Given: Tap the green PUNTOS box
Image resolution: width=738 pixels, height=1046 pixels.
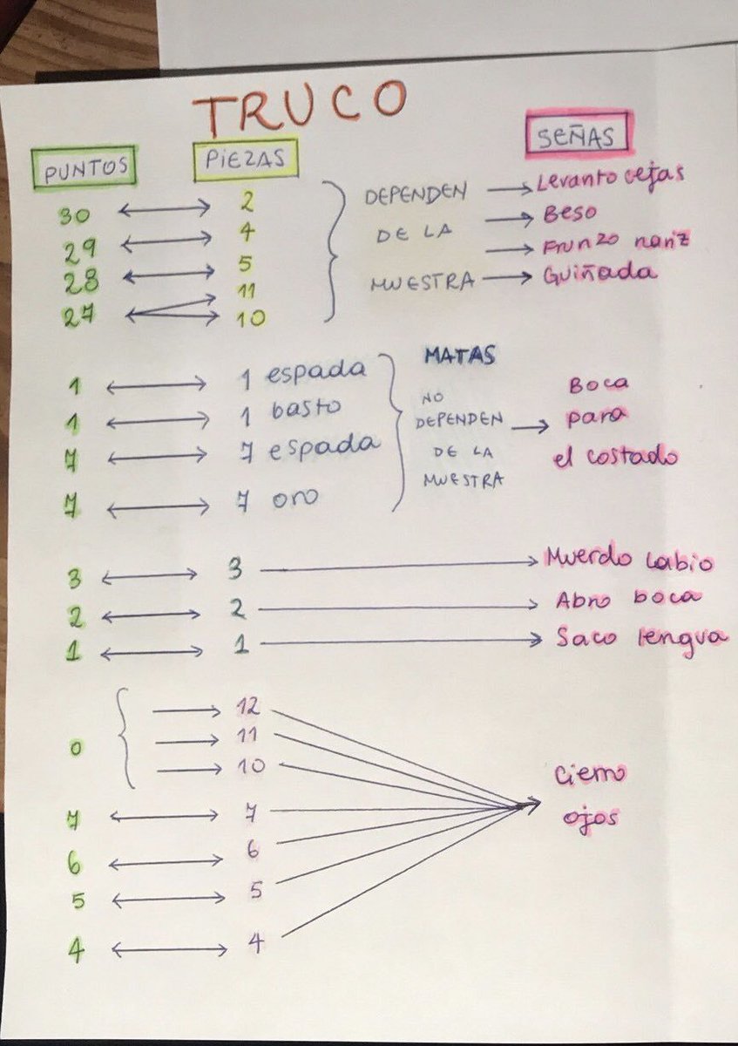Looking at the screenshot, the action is tap(85, 166).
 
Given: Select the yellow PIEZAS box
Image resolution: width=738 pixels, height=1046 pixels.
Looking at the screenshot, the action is tap(246, 158).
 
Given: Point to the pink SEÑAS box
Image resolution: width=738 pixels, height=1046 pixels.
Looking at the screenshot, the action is tap(579, 134).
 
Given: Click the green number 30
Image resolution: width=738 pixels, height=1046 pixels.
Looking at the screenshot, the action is tap(74, 216).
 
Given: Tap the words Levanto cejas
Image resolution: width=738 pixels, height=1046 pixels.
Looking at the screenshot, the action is tap(610, 178).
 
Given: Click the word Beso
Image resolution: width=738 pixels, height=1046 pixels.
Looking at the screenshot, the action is tap(570, 214).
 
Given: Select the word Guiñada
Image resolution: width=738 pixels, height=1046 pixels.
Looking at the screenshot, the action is tap(599, 274).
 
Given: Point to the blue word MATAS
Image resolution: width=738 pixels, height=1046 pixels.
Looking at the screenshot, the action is tap(460, 357).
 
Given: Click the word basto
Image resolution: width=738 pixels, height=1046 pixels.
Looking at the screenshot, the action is tap(306, 409).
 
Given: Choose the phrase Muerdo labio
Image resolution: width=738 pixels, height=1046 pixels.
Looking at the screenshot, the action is tap(630, 560).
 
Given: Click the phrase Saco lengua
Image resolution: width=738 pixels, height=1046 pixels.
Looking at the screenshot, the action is tap(641, 638).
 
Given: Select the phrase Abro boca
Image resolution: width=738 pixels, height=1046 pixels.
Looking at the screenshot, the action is tap(628, 599).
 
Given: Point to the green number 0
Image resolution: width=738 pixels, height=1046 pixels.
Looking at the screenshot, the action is tap(75, 749).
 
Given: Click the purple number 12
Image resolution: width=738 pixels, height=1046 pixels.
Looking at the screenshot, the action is tap(247, 708).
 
